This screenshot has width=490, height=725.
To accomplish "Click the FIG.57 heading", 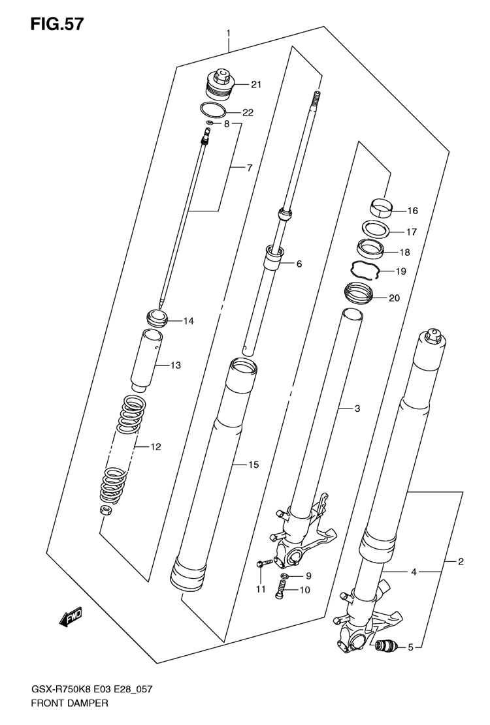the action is (57, 23).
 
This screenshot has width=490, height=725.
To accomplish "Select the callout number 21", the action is (256, 84).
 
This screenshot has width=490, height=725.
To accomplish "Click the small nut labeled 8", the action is (209, 123).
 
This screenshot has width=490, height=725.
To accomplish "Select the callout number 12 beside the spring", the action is (155, 446).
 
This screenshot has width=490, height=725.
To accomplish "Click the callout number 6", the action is (299, 264).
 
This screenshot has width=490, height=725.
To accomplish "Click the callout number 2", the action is (461, 562).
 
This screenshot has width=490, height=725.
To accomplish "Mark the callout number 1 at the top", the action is (229, 33).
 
